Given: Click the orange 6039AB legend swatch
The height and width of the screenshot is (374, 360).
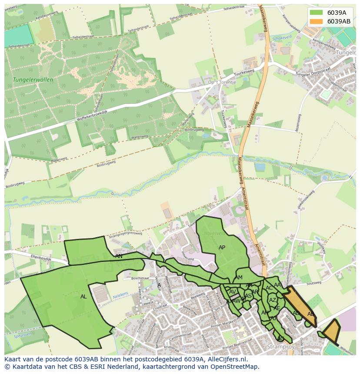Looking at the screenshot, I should (316, 21).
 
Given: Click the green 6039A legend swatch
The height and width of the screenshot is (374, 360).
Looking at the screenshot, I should (316, 13).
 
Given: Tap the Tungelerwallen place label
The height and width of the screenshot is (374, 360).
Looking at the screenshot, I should (33, 80).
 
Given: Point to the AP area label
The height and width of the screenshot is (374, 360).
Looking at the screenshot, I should (222, 248).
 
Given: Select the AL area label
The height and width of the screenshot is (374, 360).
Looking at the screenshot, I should (83, 297).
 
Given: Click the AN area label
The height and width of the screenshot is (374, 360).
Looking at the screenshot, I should (119, 256).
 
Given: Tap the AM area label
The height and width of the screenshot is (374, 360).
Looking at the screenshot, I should (239, 278).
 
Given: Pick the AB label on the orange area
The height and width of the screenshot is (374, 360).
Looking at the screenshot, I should (311, 314).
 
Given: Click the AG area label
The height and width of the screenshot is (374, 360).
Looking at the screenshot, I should (281, 339).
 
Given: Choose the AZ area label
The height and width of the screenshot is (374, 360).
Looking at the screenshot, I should (273, 300).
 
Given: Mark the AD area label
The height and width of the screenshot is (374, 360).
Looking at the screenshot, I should (296, 313).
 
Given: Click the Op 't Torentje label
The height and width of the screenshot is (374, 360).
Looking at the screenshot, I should (222, 82).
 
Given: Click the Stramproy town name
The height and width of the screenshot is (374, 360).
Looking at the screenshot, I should (281, 347).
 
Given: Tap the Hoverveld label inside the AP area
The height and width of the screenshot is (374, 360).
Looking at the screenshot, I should (213, 233).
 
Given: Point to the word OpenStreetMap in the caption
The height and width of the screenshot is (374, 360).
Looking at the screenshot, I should (237, 367).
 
